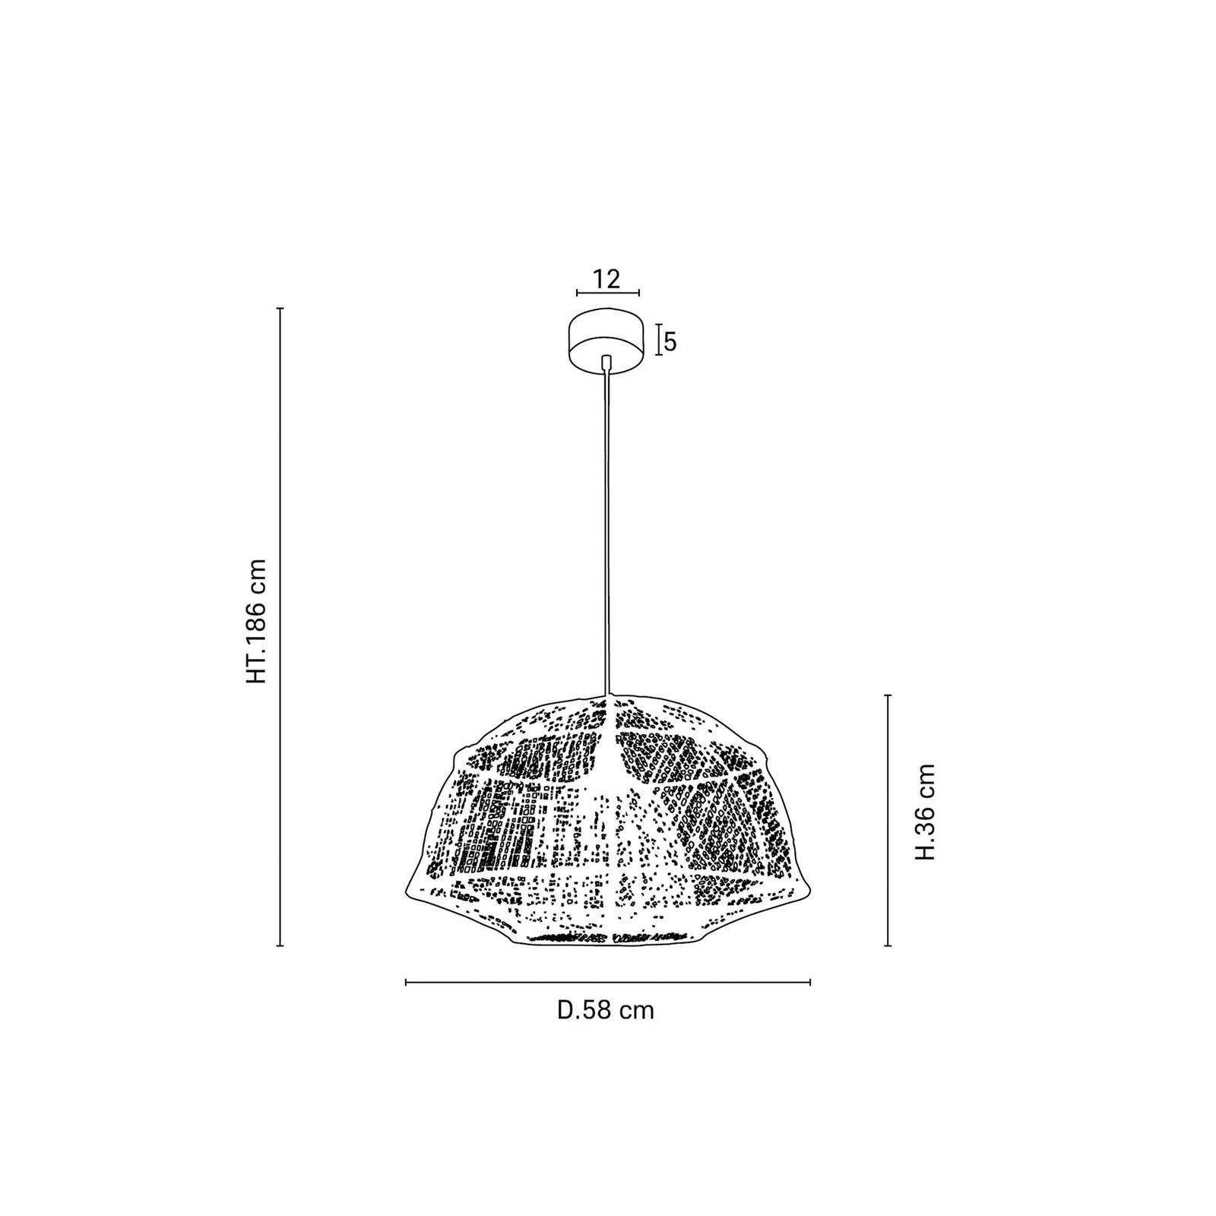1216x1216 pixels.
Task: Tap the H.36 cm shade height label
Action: pyautogui.click(x=924, y=812)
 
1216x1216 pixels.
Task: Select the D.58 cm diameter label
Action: pyautogui.click(x=605, y=1010)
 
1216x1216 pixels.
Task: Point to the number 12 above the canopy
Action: pyautogui.click(x=607, y=278)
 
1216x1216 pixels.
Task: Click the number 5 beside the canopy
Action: pyautogui.click(x=670, y=342)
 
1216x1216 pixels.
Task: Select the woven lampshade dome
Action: pyautogui.click(x=606, y=819)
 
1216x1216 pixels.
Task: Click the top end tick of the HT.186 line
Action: pyautogui.click(x=280, y=309)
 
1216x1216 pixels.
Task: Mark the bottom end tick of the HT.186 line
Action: pyautogui.click(x=280, y=945)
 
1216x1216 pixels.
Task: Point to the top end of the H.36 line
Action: pyautogui.click(x=888, y=694)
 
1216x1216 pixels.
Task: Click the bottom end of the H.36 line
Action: pyautogui.click(x=888, y=945)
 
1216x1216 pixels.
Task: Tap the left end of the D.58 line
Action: pyautogui.click(x=407, y=983)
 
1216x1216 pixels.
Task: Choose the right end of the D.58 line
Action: pyautogui.click(x=810, y=983)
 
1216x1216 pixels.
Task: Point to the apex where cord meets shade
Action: pyautogui.click(x=606, y=695)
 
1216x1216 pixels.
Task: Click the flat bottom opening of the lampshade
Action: pyautogui.click(x=606, y=940)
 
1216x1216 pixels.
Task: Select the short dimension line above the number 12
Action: pyautogui.click(x=607, y=293)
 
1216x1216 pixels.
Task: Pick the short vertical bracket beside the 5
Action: pyautogui.click(x=657, y=339)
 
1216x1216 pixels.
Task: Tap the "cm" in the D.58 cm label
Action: pyautogui.click(x=635, y=1012)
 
